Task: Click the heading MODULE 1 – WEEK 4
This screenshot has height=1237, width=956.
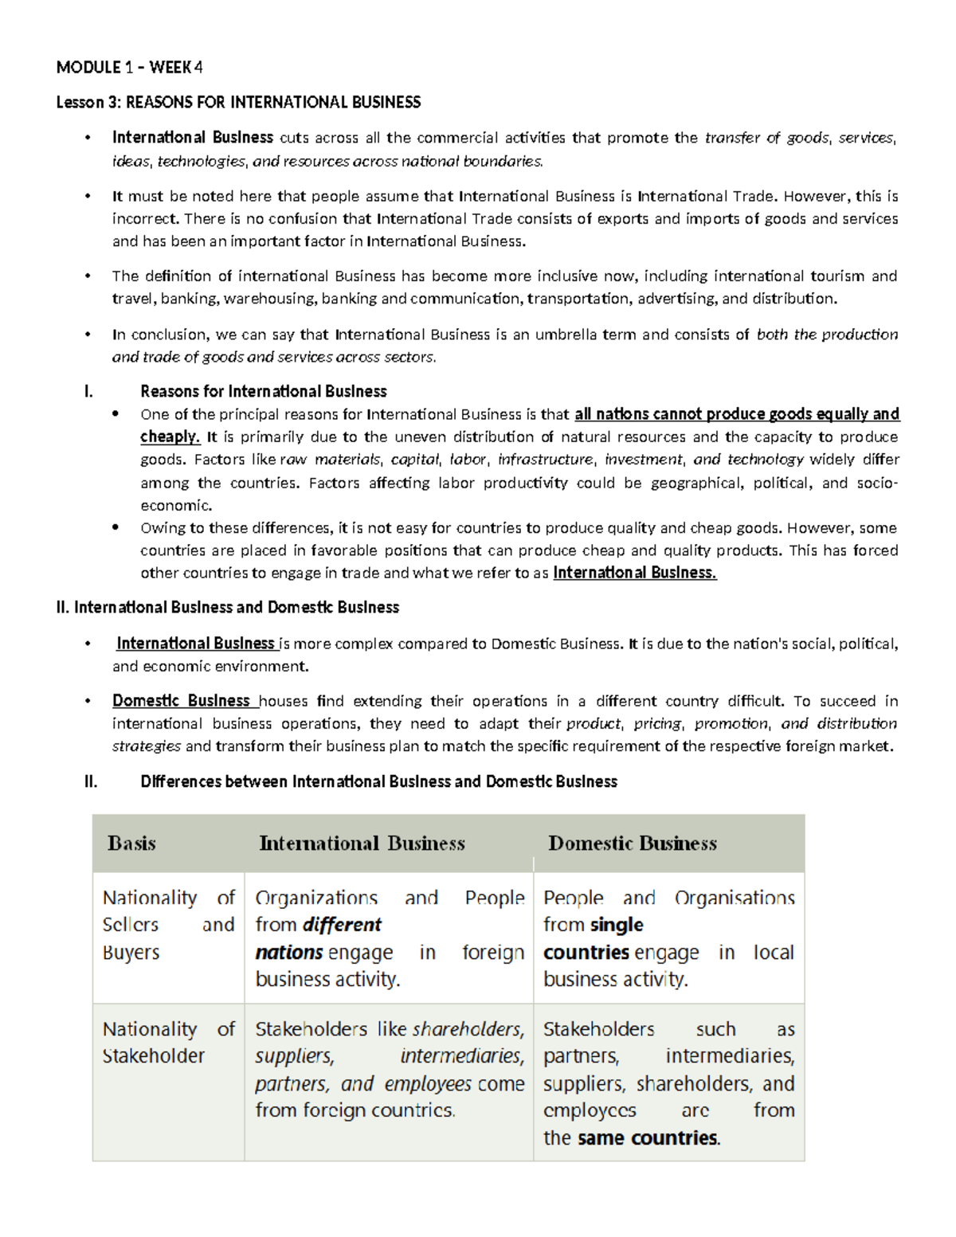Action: pos(129,68)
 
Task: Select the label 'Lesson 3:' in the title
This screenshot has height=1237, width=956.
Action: pos(80,102)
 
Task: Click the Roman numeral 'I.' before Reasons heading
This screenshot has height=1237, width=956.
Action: pos(88,391)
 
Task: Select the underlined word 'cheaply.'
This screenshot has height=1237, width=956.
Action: pos(170,436)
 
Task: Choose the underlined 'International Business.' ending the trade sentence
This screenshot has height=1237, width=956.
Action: pos(635,573)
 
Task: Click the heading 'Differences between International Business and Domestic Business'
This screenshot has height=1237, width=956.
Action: pos(378,781)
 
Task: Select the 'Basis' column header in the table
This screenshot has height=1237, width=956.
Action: pos(131,844)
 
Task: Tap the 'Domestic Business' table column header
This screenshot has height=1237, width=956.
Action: pos(633,844)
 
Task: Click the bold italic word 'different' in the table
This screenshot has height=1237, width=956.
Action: pos(342,925)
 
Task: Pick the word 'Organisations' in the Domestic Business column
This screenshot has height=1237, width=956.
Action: pos(734,898)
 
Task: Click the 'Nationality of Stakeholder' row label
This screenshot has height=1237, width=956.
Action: pos(167,1043)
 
